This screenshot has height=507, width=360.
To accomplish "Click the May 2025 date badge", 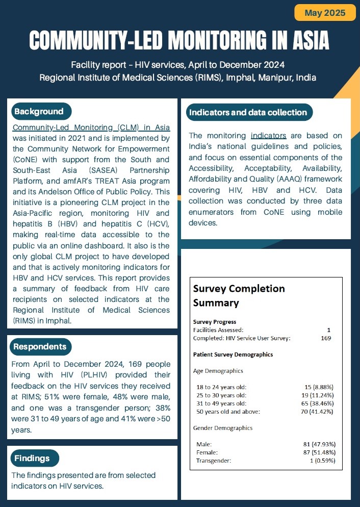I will pyautogui.click(x=325, y=12).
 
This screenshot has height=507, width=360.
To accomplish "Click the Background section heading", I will pyautogui.click(x=39, y=112).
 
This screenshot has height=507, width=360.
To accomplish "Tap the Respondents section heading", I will pyautogui.click(x=40, y=347).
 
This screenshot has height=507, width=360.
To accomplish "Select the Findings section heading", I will pyautogui.click(x=32, y=458).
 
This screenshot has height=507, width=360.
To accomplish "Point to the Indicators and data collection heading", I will pyautogui.click(x=248, y=112).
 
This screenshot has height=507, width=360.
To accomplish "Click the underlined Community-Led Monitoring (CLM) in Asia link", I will pyautogui.click(x=91, y=128).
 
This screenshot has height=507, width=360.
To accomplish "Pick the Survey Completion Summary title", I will pyautogui.click(x=239, y=295).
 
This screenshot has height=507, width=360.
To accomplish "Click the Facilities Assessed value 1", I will pyautogui.click(x=329, y=330).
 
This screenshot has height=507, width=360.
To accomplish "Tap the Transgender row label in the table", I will pyautogui.click(x=214, y=461).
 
